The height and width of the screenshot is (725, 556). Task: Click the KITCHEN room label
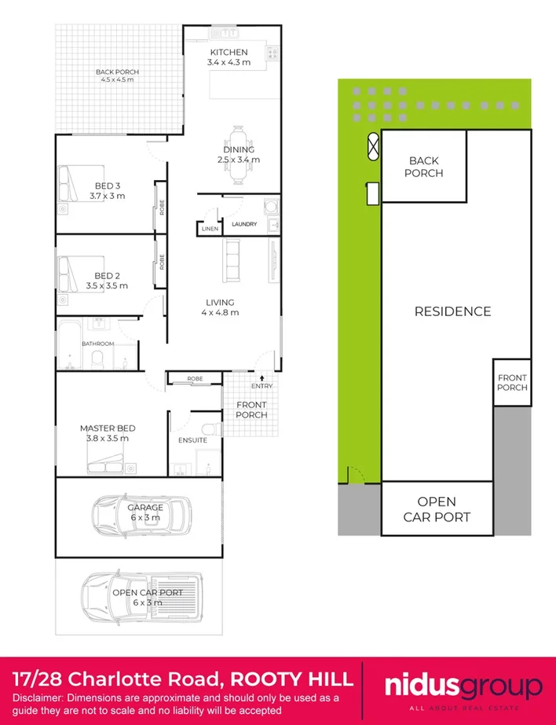coord(229,52)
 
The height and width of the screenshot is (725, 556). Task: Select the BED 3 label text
coord(107,186)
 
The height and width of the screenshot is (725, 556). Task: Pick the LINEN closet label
coord(208,229)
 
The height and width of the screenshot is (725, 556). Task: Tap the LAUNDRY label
coord(244,224)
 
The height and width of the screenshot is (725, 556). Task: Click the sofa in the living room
coord(232,260)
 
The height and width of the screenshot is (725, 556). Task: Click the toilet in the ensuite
coord(210,429)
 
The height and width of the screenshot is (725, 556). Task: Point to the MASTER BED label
coord(108,429)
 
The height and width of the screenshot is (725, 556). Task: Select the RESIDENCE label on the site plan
coord(452,311)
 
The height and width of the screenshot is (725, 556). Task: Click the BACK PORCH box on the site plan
coord(424,167)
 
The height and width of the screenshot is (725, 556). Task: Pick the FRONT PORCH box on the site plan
coord(512,382)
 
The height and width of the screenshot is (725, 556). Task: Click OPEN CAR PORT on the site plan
coord(437,509)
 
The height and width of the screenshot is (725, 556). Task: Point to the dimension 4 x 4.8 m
coord(220,312)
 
